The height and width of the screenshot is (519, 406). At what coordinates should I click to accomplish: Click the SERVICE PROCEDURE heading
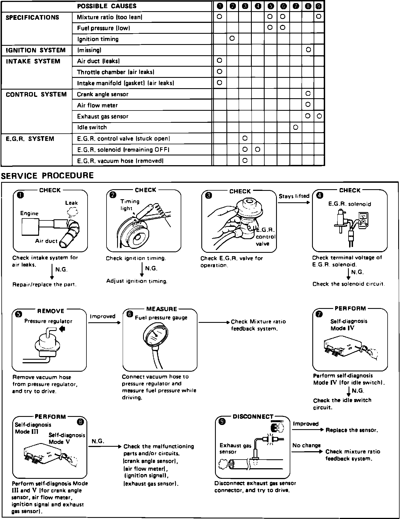pyautogui.click(x=47, y=176)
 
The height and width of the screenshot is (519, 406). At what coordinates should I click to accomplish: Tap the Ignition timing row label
pyautogui.click(x=98, y=39)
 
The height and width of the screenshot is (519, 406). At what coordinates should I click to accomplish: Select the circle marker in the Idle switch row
pyautogui.click(x=296, y=128)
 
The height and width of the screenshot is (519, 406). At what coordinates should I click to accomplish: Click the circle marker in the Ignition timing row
pyautogui.click(x=232, y=39)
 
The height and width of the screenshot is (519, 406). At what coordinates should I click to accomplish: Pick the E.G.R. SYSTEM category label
pyautogui.click(x=30, y=139)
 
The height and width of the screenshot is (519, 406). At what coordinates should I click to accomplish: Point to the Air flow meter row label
pyautogui.click(x=97, y=105)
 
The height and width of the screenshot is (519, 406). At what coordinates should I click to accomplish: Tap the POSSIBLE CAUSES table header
pyautogui.click(x=107, y=6)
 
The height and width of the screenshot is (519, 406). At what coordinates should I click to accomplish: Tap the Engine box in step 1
pyautogui.click(x=30, y=227)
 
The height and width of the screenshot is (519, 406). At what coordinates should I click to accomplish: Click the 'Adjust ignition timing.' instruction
pyautogui.click(x=137, y=281)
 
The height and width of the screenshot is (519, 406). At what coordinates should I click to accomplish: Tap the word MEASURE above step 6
pyautogui.click(x=162, y=309)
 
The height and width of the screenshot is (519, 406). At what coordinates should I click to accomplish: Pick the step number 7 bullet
pyautogui.click(x=319, y=314)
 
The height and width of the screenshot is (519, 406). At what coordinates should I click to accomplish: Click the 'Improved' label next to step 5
pyautogui.click(x=103, y=316)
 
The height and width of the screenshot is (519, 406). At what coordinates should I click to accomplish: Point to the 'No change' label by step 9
pyautogui.click(x=306, y=446)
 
